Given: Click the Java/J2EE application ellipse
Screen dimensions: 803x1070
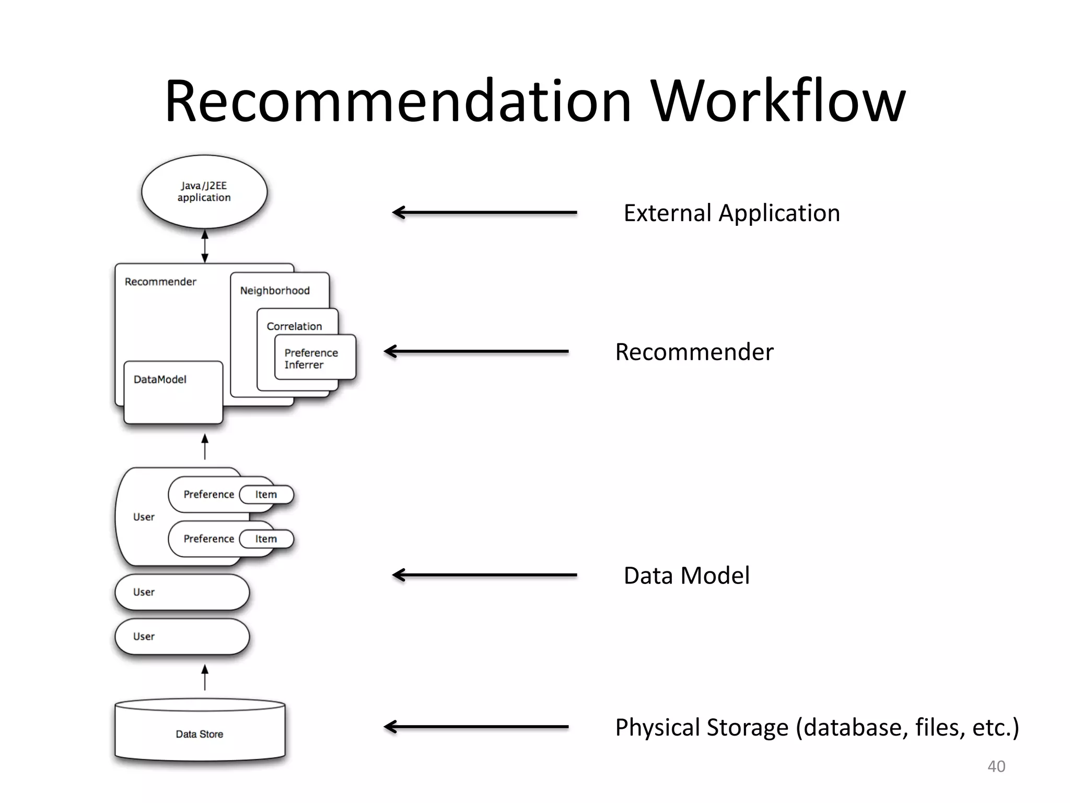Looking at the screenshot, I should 204,191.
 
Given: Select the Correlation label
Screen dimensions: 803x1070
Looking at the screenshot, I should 294,326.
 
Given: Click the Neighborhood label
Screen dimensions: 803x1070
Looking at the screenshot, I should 275,291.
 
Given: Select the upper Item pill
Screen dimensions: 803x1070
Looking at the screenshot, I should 266,495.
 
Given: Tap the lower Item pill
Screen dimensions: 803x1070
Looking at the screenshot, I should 266,539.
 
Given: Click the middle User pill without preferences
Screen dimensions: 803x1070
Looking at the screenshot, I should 181,592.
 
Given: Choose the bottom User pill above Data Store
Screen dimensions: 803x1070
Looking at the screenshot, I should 181,637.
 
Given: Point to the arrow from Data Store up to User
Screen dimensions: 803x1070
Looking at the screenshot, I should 205,678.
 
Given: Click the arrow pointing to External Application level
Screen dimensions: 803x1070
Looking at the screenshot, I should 484,212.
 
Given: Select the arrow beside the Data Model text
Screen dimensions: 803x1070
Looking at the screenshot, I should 484,575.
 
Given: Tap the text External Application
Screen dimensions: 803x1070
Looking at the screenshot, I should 731,213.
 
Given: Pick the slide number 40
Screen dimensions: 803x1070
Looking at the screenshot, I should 996,766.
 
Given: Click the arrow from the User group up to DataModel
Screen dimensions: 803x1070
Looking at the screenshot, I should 205,447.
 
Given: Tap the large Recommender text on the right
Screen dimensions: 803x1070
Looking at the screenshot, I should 694,352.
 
